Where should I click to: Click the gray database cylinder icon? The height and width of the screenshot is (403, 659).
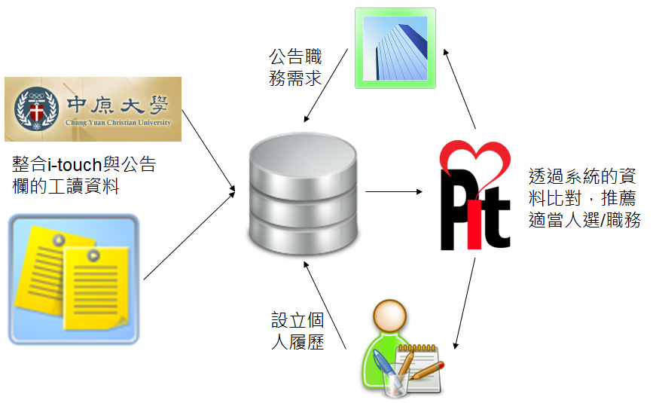[x=304, y=197]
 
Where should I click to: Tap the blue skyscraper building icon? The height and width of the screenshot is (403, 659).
[x=395, y=48]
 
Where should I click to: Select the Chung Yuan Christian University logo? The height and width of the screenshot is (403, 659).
[x=93, y=109]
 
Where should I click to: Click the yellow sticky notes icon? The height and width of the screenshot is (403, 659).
[x=73, y=279]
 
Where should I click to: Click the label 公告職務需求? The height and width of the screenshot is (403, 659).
[x=295, y=67]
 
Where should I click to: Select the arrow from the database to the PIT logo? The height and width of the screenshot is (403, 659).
[x=394, y=191]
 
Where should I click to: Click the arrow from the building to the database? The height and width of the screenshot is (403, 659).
[x=325, y=85]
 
